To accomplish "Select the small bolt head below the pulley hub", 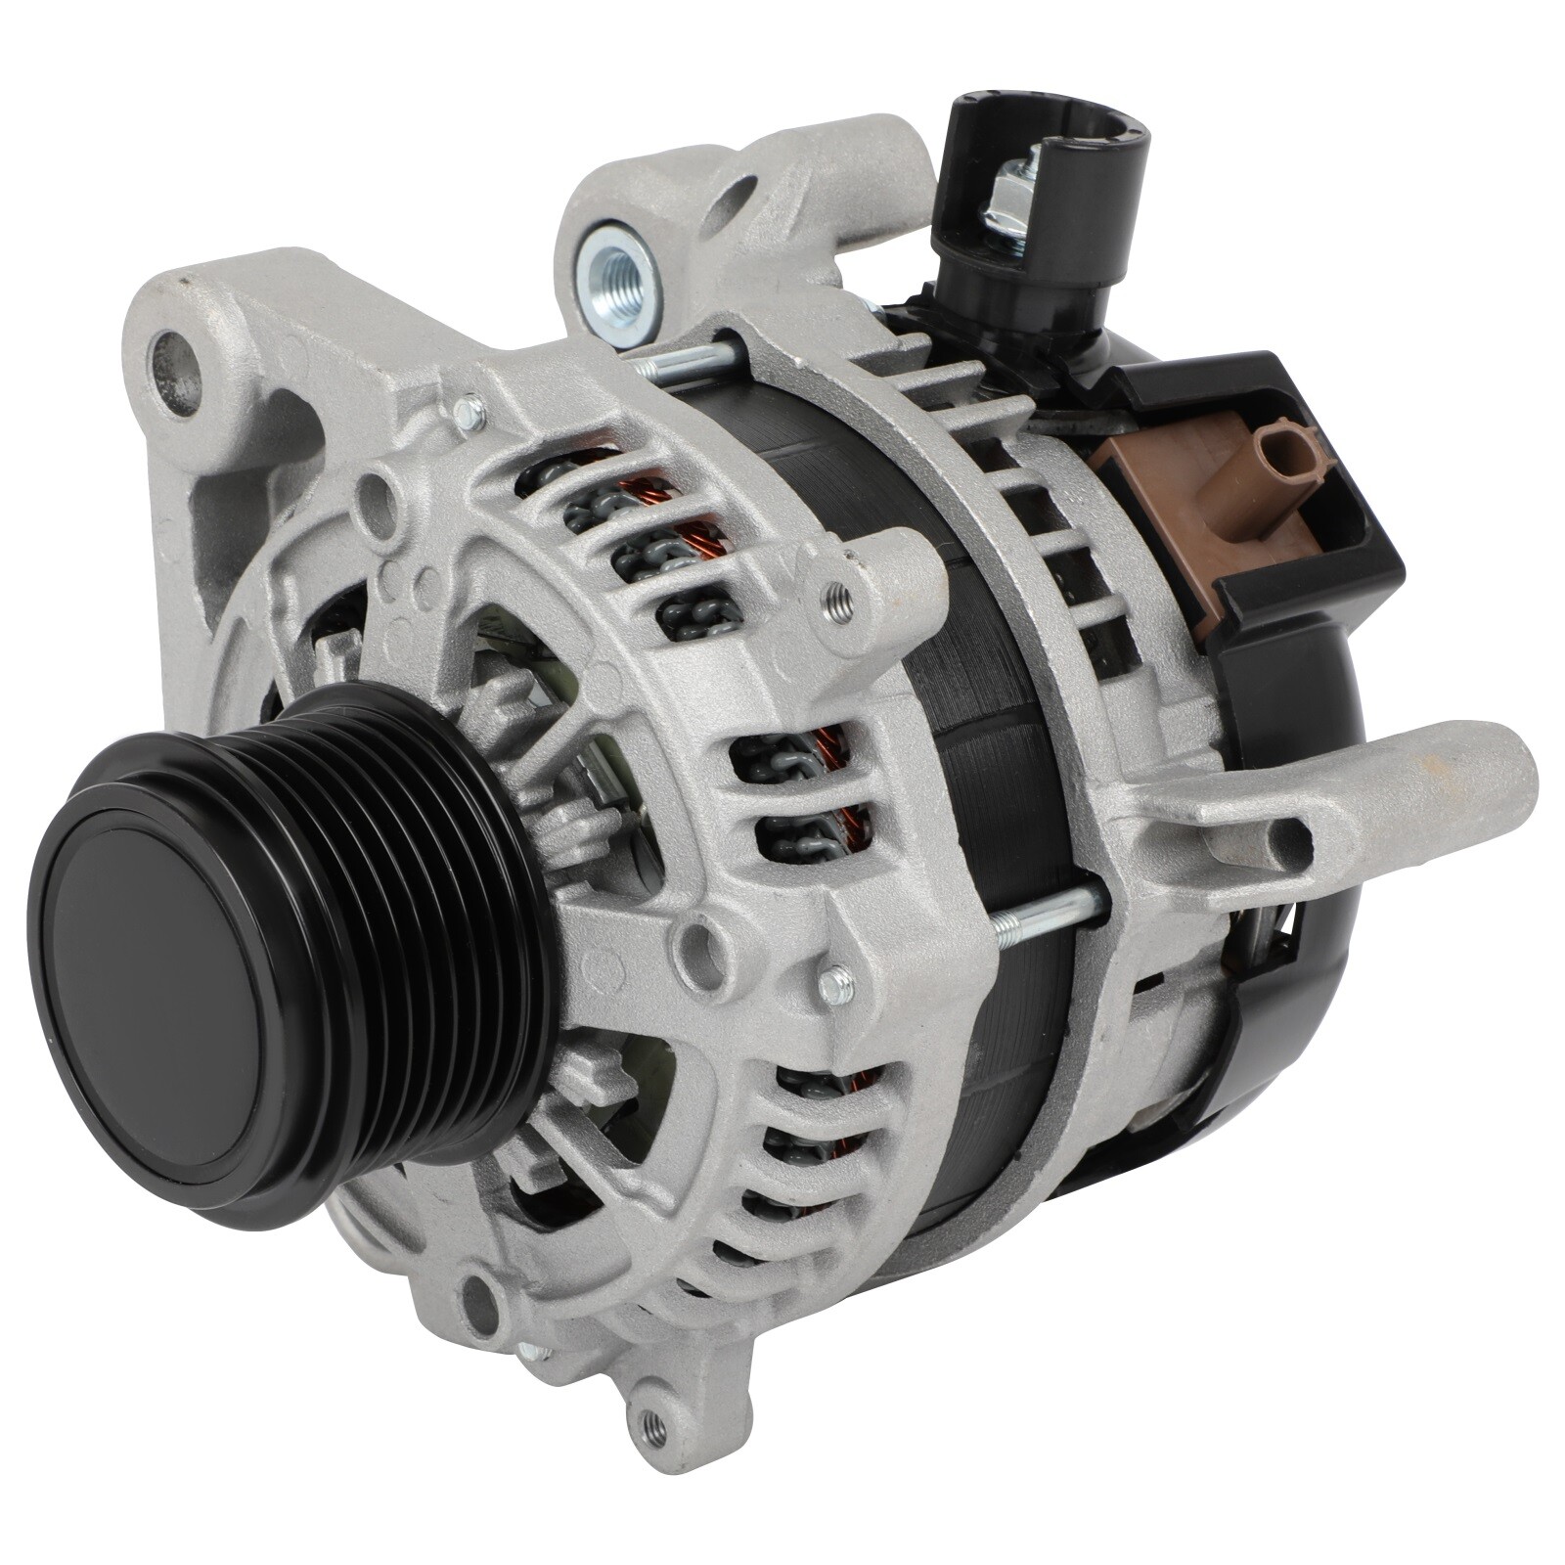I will click(x=833, y=984).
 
